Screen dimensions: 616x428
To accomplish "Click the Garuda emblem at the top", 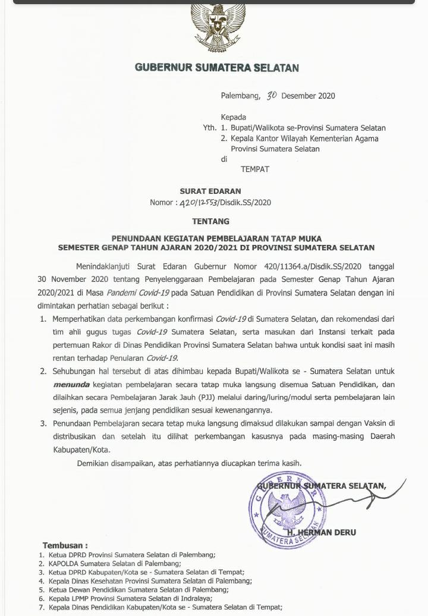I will click(218, 27).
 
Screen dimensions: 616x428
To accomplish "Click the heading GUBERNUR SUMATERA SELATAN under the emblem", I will click(217, 67).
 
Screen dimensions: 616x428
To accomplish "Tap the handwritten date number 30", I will click(272, 95).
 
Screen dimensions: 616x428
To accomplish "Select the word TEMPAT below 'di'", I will click(254, 169).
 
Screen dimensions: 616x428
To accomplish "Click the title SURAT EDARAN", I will click(210, 191).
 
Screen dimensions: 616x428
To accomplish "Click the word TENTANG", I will click(210, 222).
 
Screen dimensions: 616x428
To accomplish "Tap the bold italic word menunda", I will click(71, 384).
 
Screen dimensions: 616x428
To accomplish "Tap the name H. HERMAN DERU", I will click(322, 532).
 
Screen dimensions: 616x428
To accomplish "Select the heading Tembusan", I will click(65, 545).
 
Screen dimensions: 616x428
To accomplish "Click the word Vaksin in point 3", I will click(375, 423).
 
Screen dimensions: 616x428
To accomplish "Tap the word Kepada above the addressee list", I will click(233, 117).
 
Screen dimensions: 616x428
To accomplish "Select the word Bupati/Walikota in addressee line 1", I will click(259, 128).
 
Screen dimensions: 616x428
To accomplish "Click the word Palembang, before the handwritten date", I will click(241, 96).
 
